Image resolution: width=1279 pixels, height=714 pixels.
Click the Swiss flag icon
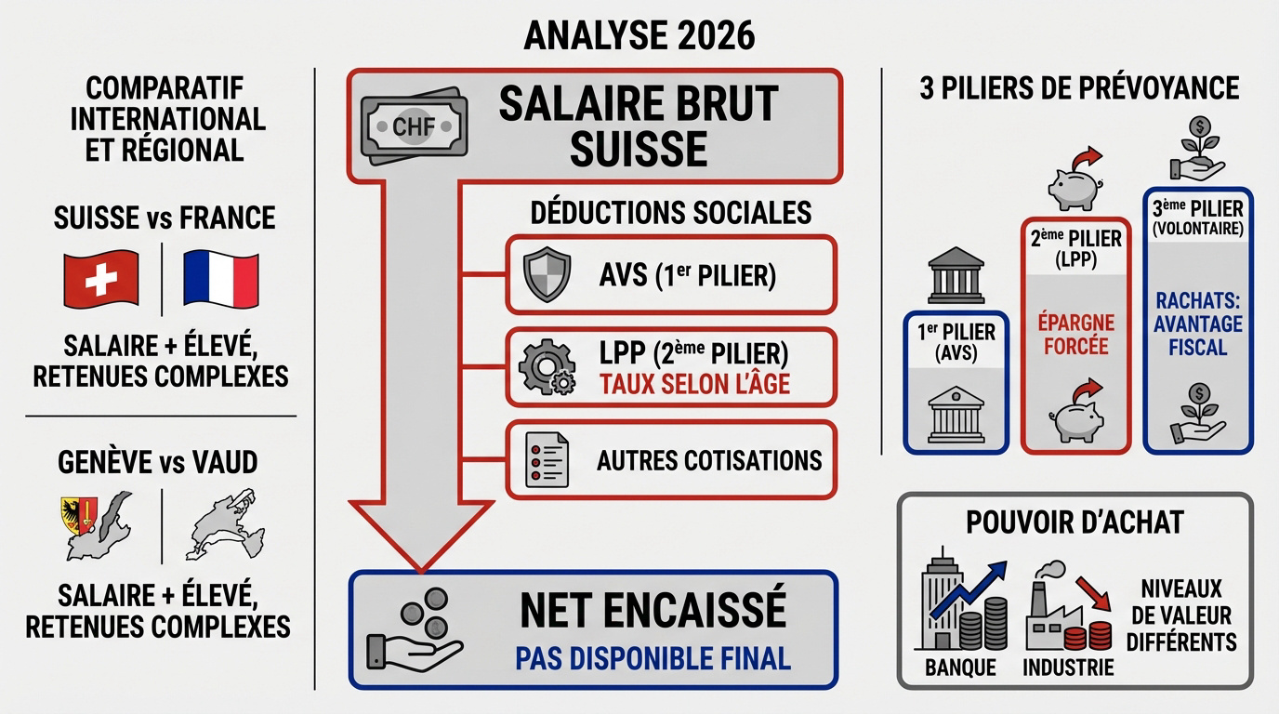pos(100,279)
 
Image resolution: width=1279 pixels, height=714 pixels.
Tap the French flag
pos(220,279)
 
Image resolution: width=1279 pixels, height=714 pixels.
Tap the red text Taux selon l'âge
pos(694,383)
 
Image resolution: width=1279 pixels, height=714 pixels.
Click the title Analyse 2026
pos(639,35)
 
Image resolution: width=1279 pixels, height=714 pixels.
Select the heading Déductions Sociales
pos(670,212)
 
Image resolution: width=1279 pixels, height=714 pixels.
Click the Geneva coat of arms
pos(78,514)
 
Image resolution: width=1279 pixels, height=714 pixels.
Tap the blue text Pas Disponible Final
pos(653,658)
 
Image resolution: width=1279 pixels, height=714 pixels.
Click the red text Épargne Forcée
pos(1076,335)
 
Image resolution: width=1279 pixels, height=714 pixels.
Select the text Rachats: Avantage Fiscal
pos(1198,324)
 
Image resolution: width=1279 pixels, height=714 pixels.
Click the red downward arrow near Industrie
pos(1094,593)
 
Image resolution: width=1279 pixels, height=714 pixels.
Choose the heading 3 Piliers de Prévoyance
pos(1079,87)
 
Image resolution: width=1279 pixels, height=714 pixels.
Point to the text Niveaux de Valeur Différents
pos(1181,615)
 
